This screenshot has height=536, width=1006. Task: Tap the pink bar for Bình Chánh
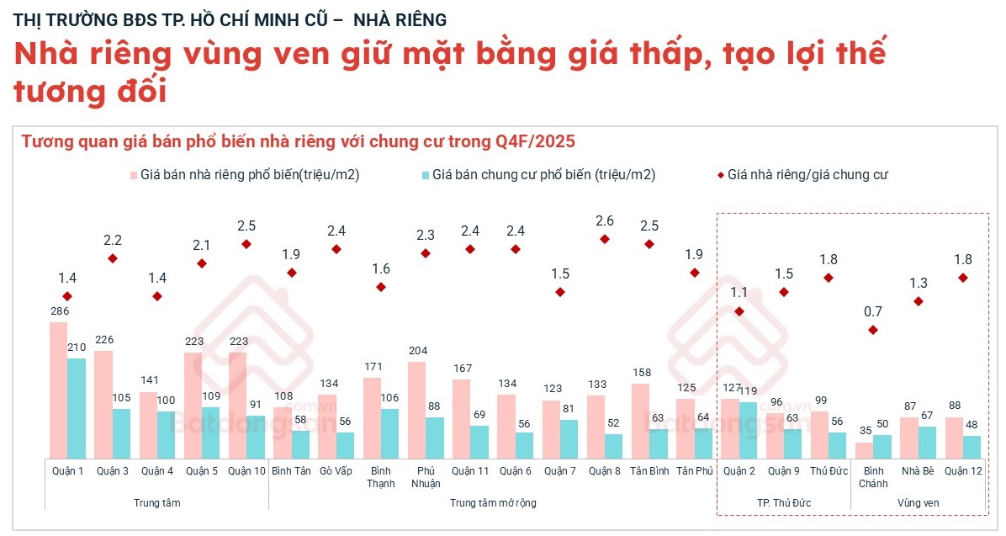pyautogui.click(x=864, y=450)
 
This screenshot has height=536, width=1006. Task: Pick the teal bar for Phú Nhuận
pyautogui.click(x=434, y=438)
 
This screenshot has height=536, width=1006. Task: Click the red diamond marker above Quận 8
pyautogui.click(x=605, y=239)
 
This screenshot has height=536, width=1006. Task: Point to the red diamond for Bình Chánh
pyautogui.click(x=873, y=330)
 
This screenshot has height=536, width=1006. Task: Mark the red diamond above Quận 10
pyautogui.click(x=246, y=244)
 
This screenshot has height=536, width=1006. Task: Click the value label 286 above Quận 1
pyautogui.click(x=58, y=311)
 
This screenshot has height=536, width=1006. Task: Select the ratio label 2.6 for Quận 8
pyautogui.click(x=605, y=221)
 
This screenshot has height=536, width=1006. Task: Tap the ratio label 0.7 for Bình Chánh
pyautogui.click(x=873, y=312)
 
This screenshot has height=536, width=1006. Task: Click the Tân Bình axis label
pyautogui.click(x=649, y=471)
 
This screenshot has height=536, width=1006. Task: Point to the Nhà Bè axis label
pyautogui.click(x=918, y=471)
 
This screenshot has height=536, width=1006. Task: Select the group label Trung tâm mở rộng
pyautogui.click(x=493, y=502)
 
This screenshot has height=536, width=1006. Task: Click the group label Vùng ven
pyautogui.click(x=918, y=502)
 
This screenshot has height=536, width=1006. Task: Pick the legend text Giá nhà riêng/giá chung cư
pyautogui.click(x=807, y=175)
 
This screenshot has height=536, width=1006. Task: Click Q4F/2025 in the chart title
pyautogui.click(x=535, y=141)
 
